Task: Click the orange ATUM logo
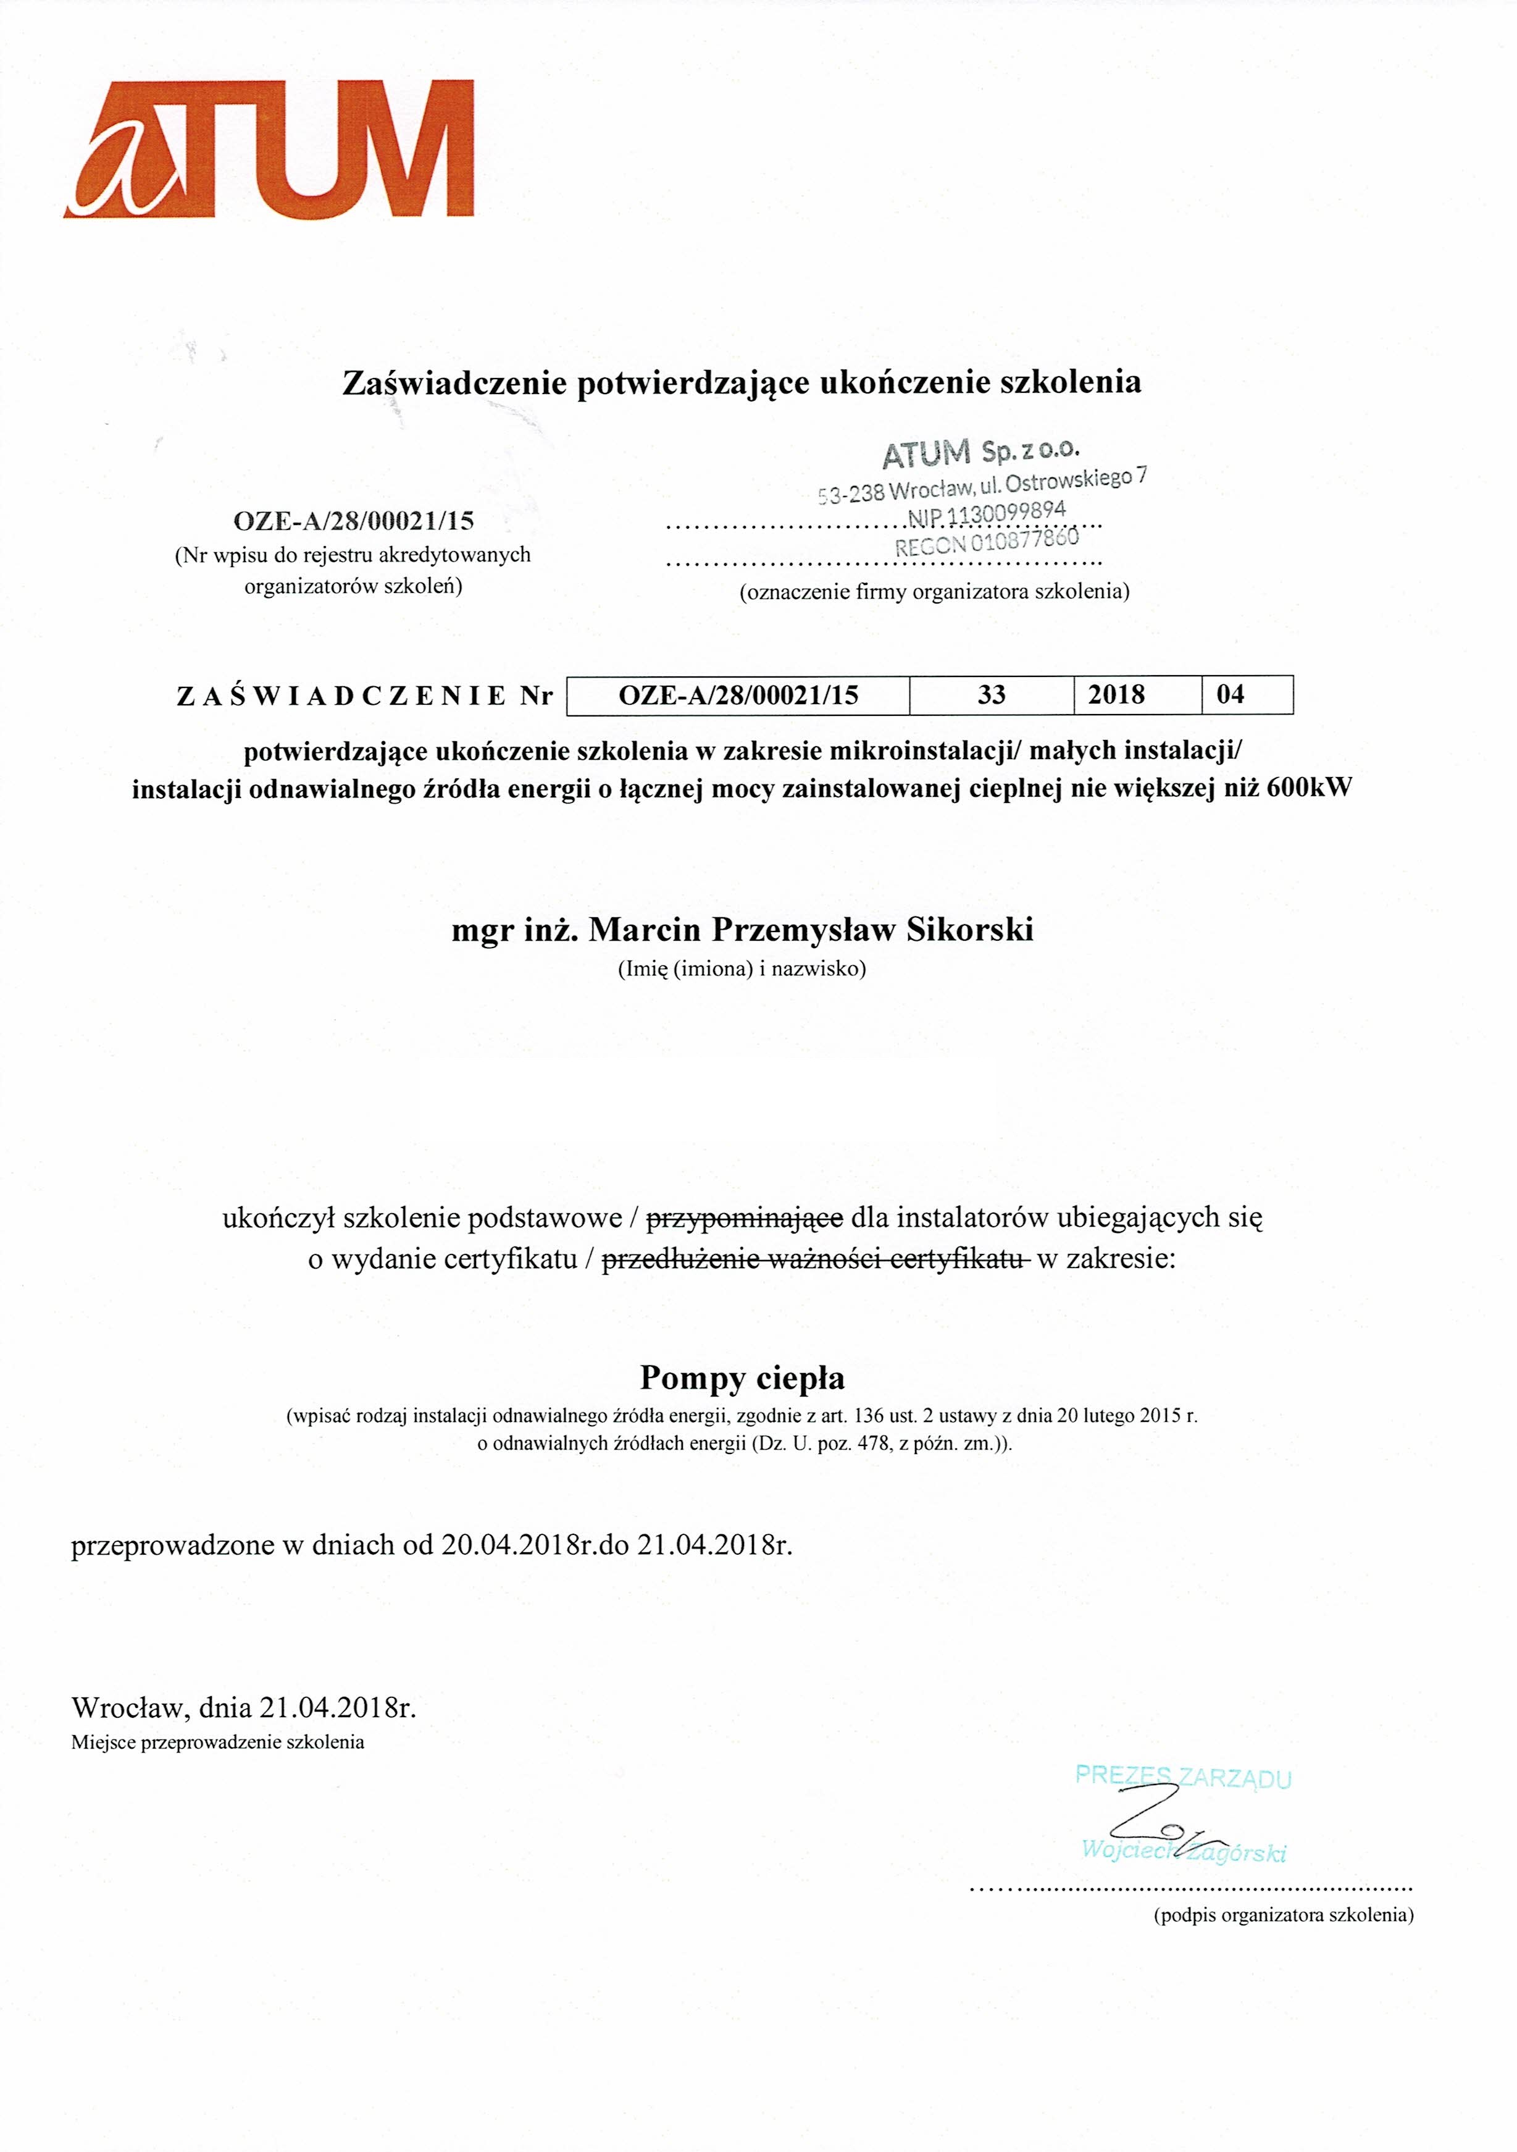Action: point(269,150)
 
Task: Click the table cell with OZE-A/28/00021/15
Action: point(738,696)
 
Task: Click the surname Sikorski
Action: point(970,930)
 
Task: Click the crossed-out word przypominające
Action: point(745,1219)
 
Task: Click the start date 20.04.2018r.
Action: point(517,1545)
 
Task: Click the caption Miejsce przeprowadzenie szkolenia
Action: point(217,1743)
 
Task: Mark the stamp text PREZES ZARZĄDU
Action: point(1182,1777)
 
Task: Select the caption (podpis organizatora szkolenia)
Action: point(1283,1915)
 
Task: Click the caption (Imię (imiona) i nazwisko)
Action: point(741,969)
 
